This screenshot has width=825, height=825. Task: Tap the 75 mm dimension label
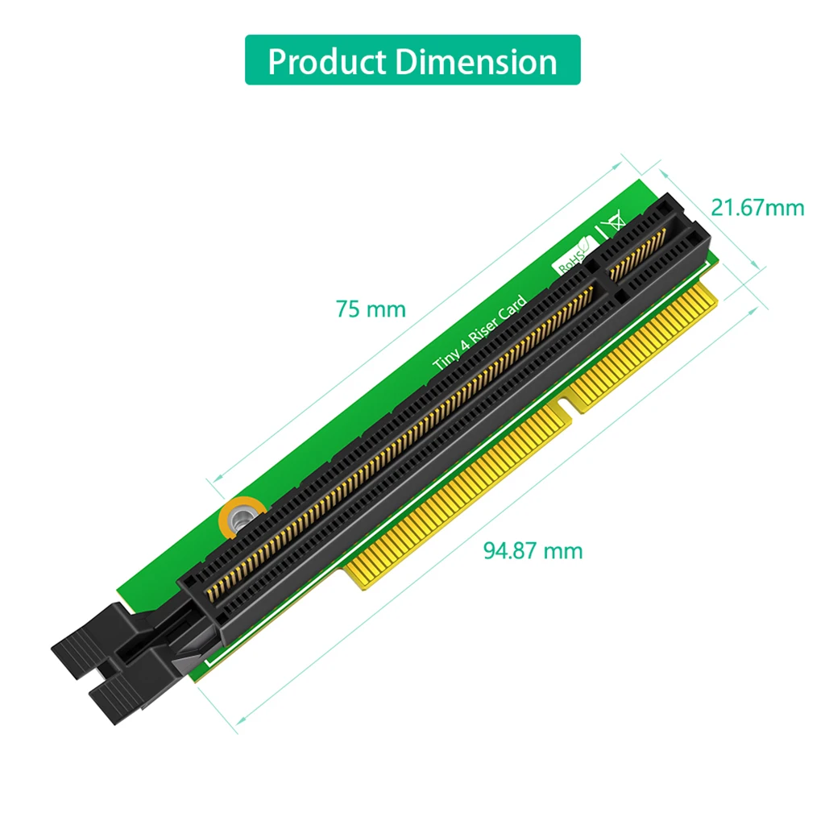371,309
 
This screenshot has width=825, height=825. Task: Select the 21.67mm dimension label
757,208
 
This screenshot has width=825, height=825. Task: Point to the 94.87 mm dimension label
533,551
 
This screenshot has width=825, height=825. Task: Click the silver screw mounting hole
240,516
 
